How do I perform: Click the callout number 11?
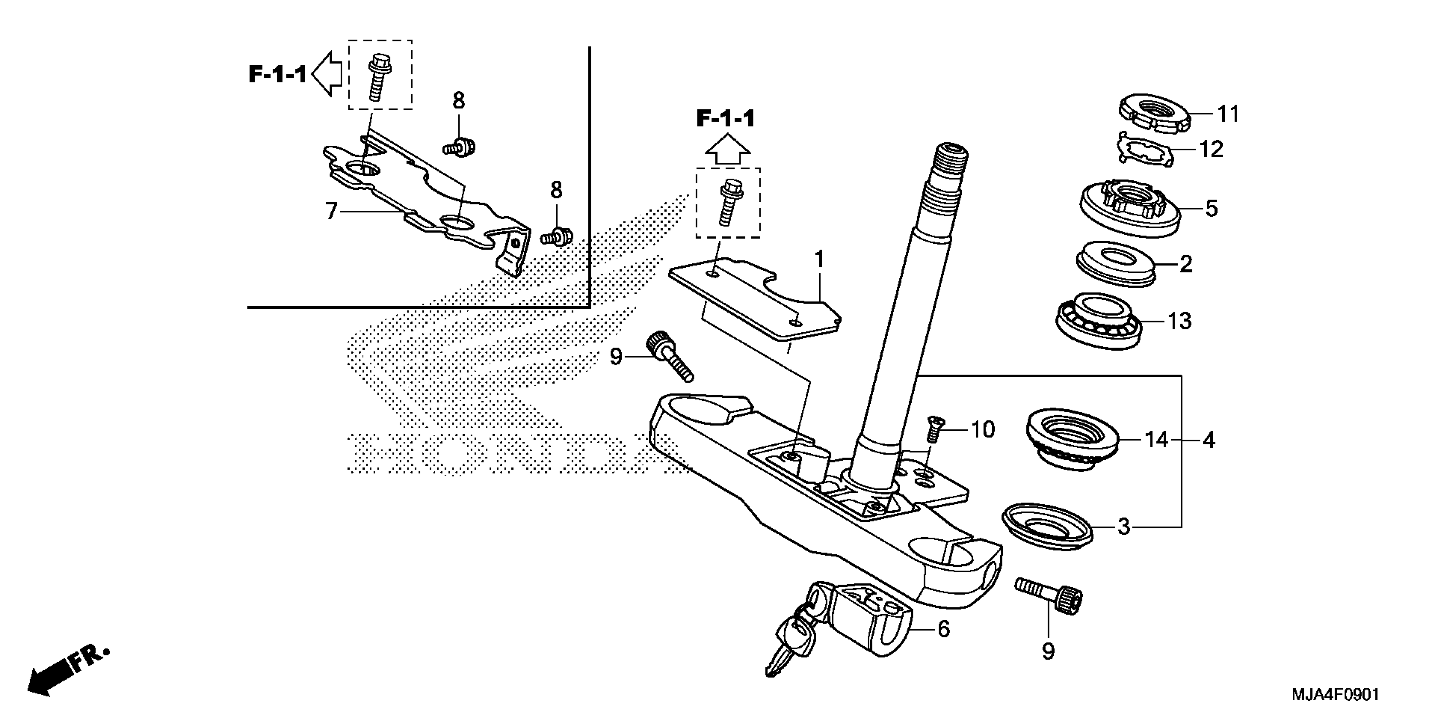(x=1228, y=114)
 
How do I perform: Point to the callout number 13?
(x=1179, y=321)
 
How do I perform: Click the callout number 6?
(x=943, y=629)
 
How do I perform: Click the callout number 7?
(x=331, y=211)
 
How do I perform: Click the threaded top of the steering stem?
(x=951, y=162)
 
